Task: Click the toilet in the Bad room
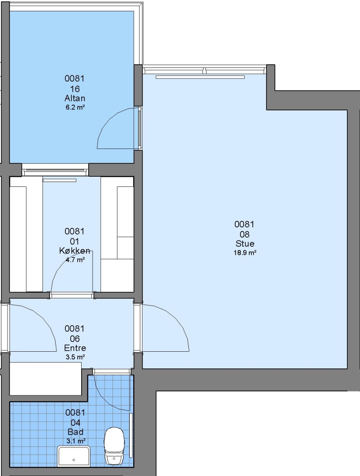coord(114,446)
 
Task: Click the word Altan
coord(75,98)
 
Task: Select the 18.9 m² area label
coord(245,253)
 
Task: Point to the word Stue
coord(245,243)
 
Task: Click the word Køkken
coord(75,251)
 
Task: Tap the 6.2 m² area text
coord(75,107)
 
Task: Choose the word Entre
coord(75,348)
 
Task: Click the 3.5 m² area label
coord(75,357)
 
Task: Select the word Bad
coord(75,432)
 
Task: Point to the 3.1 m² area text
coord(75,441)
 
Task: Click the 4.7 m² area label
coord(75,260)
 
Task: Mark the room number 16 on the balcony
coord(75,89)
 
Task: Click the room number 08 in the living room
coord(244,234)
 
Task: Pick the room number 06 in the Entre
coord(75,339)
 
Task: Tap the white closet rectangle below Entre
coord(45,379)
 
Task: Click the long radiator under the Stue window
coord(200,77)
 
